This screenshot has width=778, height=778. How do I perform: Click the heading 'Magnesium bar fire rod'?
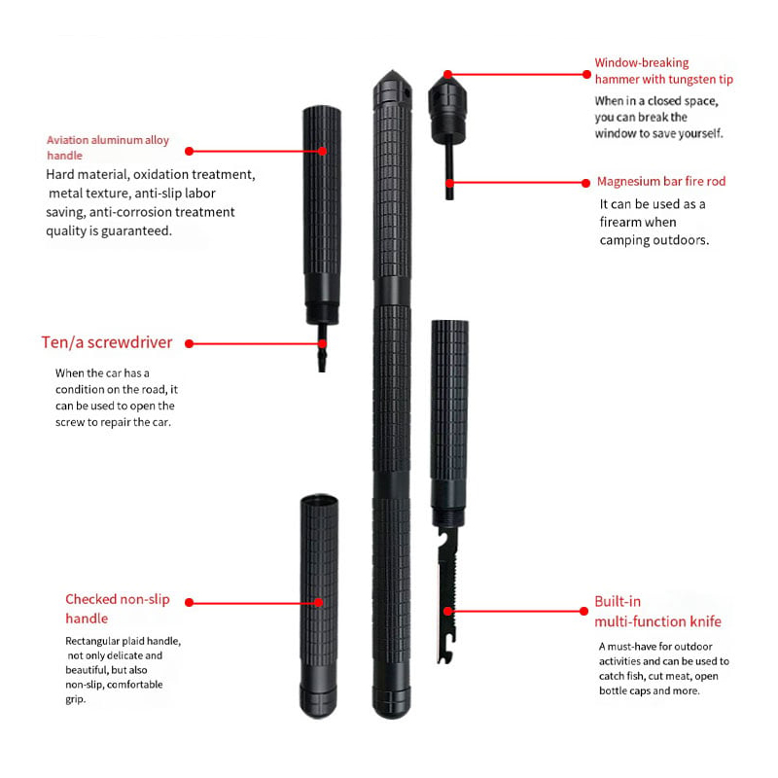(661, 181)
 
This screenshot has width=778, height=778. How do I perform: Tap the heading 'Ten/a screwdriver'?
(107, 342)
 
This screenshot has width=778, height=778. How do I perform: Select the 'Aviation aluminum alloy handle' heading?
(108, 148)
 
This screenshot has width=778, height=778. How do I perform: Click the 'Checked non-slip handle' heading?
(117, 609)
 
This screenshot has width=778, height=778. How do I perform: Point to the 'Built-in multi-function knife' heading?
(657, 612)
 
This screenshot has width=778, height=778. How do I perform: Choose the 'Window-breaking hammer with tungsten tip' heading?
(663, 71)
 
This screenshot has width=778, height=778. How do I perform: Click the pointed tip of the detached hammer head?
(447, 73)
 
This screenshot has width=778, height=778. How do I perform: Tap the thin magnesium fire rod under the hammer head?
(449, 172)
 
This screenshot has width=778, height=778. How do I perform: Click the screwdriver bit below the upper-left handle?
(322, 348)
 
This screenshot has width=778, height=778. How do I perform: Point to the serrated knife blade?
(447, 595)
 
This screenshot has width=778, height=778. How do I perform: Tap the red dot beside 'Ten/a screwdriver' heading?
(189, 343)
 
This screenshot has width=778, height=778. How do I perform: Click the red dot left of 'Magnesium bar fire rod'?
(586, 183)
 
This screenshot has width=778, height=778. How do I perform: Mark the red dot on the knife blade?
(448, 612)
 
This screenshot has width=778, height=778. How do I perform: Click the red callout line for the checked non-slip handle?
(254, 602)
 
